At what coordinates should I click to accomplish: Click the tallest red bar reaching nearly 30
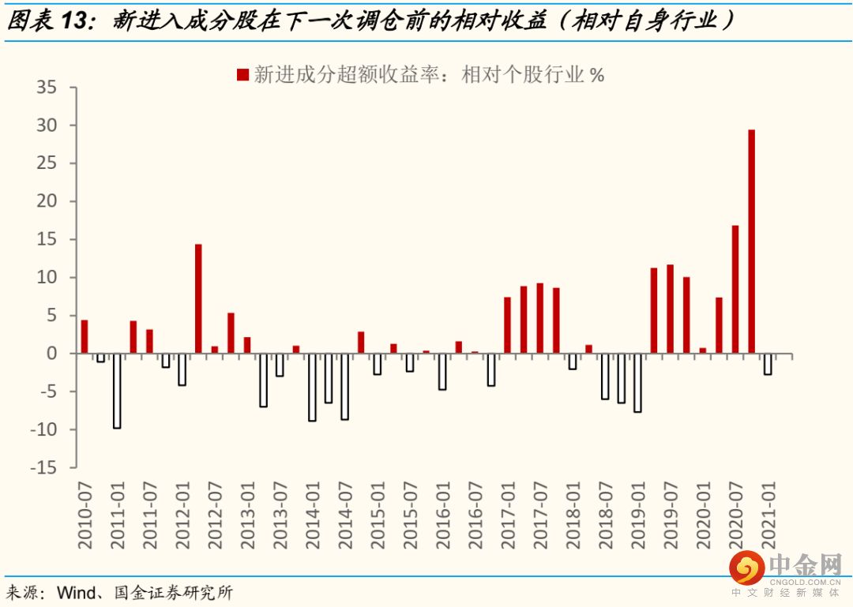pyautogui.click(x=751, y=242)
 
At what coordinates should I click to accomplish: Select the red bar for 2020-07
pyautogui.click(x=735, y=290)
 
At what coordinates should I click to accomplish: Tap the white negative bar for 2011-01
pyautogui.click(x=117, y=391)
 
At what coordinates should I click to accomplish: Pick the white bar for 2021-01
pyautogui.click(x=768, y=364)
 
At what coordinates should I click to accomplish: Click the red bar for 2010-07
pyautogui.click(x=85, y=337)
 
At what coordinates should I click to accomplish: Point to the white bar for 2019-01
pyautogui.click(x=637, y=383)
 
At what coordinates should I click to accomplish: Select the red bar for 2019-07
pyautogui.click(x=671, y=309)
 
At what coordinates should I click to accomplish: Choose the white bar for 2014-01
pyautogui.click(x=312, y=388)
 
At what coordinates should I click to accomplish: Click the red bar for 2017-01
pyautogui.click(x=508, y=325)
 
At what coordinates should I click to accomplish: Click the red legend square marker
pyautogui.click(x=242, y=74)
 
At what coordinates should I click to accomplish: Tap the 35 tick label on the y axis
pyautogui.click(x=47, y=87)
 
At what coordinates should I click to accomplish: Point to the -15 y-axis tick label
pyautogui.click(x=43, y=467)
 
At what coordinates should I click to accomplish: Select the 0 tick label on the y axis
pyautogui.click(x=51, y=354)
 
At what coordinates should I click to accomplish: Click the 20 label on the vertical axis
pyautogui.click(x=47, y=201)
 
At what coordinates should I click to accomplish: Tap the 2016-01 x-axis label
pyautogui.click(x=443, y=515)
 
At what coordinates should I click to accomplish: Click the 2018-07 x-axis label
pyautogui.click(x=606, y=515)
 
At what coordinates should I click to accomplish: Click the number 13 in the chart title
pyautogui.click(x=73, y=21)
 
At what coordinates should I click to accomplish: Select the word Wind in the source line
pyautogui.click(x=77, y=592)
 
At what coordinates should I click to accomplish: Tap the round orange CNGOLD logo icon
pyautogui.click(x=747, y=568)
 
